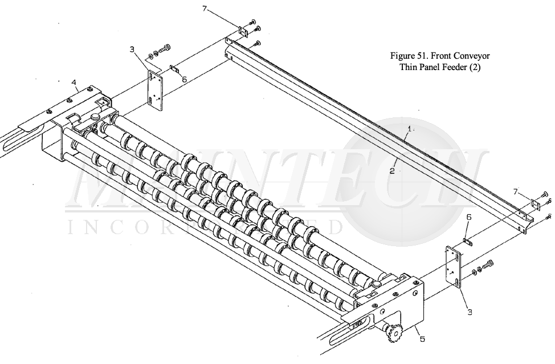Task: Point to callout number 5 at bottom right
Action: point(422,340)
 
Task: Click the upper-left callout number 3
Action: point(132,50)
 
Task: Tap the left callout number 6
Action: point(184,80)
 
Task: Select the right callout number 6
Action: point(468,217)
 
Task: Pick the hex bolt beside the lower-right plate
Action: point(487,265)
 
